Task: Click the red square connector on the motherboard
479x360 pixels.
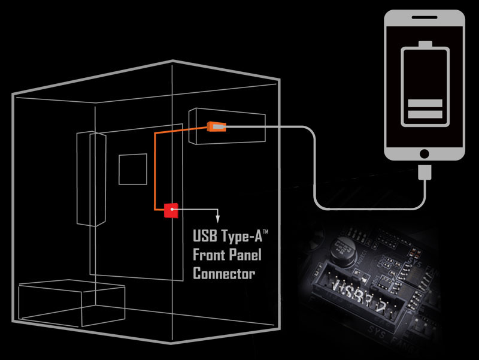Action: [172, 210]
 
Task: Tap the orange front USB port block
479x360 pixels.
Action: [216, 126]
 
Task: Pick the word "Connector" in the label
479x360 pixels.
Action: [224, 274]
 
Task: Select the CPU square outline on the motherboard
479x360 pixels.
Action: [132, 170]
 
